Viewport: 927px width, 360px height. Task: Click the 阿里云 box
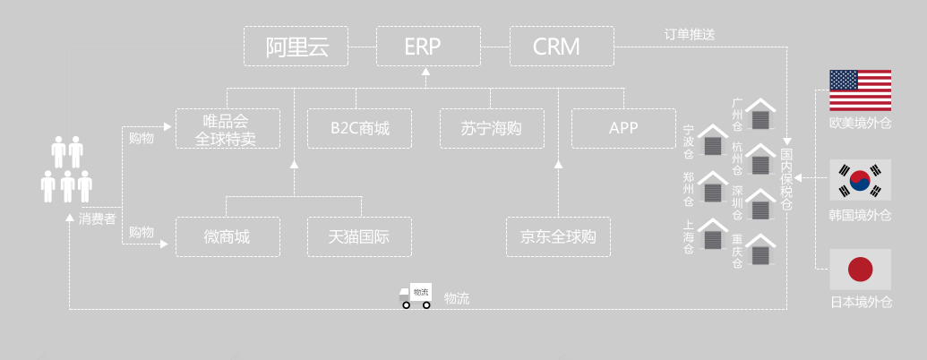coord(295,47)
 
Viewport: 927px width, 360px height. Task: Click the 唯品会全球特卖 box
coord(227,129)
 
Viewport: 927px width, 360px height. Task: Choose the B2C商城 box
coord(360,129)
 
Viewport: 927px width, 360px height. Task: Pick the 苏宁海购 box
coord(492,129)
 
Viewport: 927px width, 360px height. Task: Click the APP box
coord(623,129)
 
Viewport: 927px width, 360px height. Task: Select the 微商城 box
coord(227,237)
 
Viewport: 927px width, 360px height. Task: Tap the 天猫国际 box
coord(360,237)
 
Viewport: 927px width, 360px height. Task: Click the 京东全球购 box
coord(558,237)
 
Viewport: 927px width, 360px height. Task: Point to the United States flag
coord(861,90)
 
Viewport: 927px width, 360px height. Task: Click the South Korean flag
coord(861,181)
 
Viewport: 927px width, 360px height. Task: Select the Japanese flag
coord(861,269)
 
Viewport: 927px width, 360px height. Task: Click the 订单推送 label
coord(690,35)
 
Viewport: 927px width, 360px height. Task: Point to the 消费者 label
coord(97,218)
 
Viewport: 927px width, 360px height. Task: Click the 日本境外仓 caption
coord(861,302)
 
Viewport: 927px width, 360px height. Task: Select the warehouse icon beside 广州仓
coord(760,114)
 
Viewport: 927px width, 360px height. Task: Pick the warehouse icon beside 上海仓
coord(713,235)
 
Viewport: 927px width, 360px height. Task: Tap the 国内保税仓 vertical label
coord(786,175)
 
